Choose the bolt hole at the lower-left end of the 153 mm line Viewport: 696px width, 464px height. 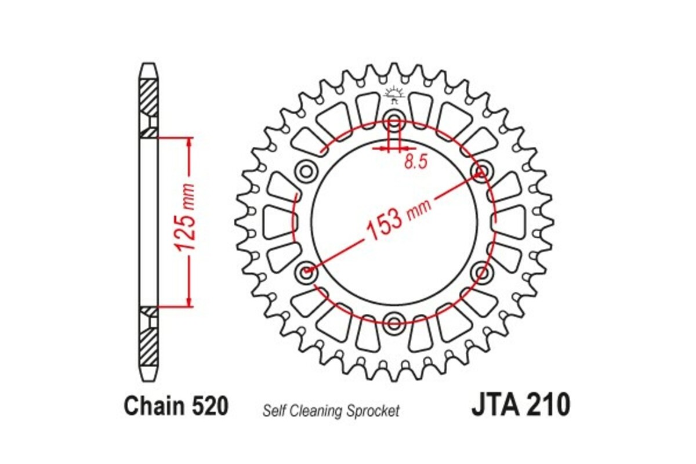click(x=307, y=270)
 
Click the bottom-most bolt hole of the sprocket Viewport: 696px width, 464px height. click(x=394, y=321)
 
